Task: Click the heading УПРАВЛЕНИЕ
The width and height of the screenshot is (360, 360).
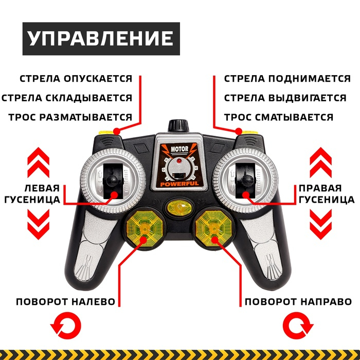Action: pos(100,39)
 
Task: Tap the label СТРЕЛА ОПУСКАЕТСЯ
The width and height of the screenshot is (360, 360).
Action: pos(76,79)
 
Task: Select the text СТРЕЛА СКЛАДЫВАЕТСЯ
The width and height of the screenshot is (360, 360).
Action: pos(67,98)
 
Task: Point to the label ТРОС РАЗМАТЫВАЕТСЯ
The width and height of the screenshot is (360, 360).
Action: pos(70,117)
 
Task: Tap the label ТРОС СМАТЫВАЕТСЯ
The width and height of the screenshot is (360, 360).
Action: pos(278,117)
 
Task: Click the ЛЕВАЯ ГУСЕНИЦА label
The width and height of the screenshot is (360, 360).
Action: pos(42,193)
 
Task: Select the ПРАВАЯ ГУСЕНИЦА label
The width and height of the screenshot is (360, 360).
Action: pos(319,193)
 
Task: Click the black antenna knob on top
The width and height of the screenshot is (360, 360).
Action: pos(178,125)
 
